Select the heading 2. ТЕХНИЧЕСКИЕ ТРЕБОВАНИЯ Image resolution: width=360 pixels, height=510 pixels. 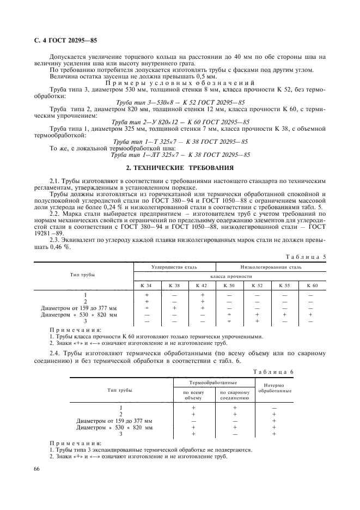[180, 166]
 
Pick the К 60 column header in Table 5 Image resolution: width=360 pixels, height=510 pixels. [311, 286]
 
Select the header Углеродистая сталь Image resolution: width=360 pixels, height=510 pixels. [174, 268]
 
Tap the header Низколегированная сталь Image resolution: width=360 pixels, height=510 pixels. [271, 268]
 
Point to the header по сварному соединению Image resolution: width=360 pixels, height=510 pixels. [235, 395]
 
